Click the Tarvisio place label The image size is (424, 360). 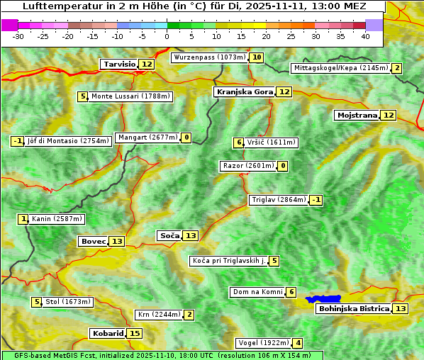[x=119, y=64]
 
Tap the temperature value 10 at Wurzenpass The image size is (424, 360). [x=257, y=57]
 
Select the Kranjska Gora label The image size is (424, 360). [x=244, y=91]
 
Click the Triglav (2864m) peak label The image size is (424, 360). [x=279, y=200]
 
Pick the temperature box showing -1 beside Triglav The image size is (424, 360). [x=316, y=200]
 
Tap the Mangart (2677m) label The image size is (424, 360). [x=147, y=137]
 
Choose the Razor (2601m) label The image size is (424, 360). [x=247, y=166]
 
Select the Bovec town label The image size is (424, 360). [x=93, y=241]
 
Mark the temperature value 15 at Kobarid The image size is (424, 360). [x=135, y=333]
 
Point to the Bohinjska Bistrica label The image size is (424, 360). [x=353, y=308]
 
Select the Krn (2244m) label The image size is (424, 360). [x=159, y=315]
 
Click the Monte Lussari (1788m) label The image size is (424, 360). [x=131, y=96]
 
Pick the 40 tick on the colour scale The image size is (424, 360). [x=365, y=36]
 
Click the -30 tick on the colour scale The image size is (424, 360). [x=18, y=36]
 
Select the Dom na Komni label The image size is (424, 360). [x=258, y=292]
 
